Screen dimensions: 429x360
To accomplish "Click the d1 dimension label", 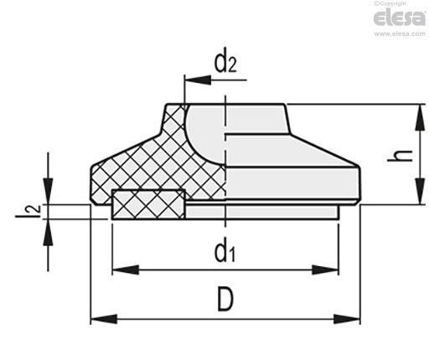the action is [x=225, y=251].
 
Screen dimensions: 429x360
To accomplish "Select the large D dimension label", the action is [x=225, y=300].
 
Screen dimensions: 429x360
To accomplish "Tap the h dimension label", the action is [x=400, y=156].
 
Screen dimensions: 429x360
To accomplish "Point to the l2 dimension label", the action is [x=28, y=211].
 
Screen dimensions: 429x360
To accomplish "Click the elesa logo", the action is [x=400, y=18].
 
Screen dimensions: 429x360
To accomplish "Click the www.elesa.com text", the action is [x=400, y=33].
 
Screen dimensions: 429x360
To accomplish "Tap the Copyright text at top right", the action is [x=390, y=3].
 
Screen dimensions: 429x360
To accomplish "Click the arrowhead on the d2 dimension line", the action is [x=198, y=80].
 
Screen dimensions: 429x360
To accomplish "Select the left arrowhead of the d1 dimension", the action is [x=126, y=270].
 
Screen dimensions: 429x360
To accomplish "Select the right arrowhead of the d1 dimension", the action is [x=325, y=270].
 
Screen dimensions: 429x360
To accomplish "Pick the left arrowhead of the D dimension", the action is [x=104, y=319].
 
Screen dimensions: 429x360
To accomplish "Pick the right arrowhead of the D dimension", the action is [x=347, y=319].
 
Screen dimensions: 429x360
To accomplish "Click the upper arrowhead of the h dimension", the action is [x=419, y=117].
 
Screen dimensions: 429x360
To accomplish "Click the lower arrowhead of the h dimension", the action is [x=419, y=192].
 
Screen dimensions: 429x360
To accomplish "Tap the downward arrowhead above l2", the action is [x=48, y=191].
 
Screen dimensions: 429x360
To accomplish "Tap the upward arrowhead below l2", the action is [x=48, y=233].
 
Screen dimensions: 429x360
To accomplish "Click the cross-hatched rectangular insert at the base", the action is [x=148, y=204].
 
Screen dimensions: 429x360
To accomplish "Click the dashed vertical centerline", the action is [x=225, y=162].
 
